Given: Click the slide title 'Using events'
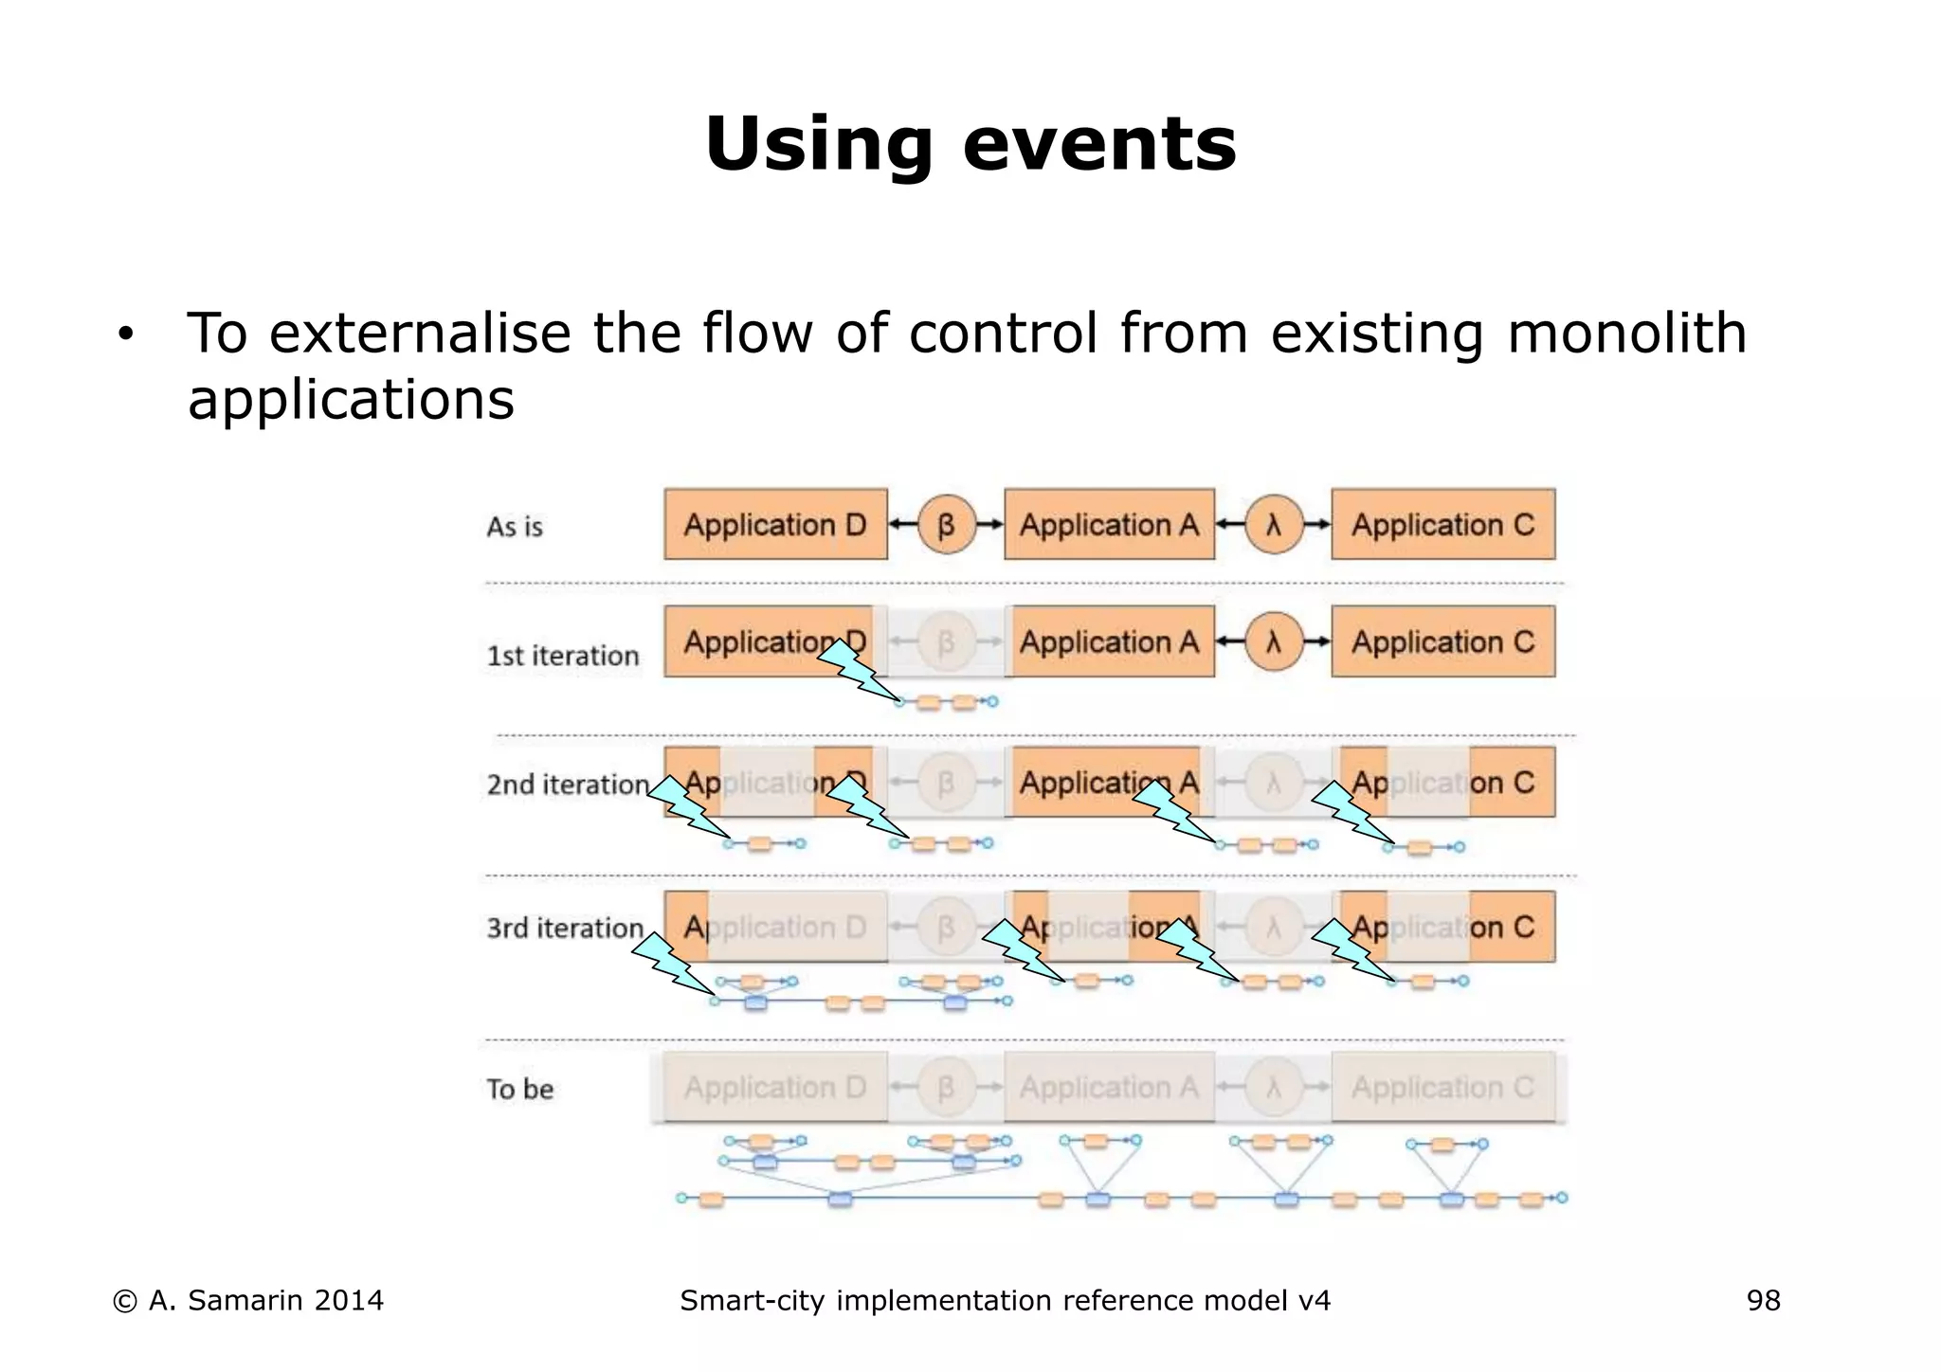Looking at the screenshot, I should [x=970, y=144].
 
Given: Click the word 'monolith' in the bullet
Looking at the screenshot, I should [x=1626, y=334].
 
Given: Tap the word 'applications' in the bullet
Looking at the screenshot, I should [x=351, y=399].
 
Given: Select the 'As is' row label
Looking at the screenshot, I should [x=515, y=527].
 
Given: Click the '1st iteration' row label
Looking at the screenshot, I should [x=563, y=656].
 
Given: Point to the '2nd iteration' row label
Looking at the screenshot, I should [x=568, y=785].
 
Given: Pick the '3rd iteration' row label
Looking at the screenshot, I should [x=565, y=928].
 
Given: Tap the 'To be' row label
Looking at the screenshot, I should [x=520, y=1089].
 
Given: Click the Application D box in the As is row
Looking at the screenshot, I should [x=775, y=524].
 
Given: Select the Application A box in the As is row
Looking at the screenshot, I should [x=1109, y=524].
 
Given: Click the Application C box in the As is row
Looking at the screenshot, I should [x=1442, y=524].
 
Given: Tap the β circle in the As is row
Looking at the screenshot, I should [x=946, y=524].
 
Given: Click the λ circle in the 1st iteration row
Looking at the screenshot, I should [x=1274, y=641].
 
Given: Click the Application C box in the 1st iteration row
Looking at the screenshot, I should [x=1442, y=641].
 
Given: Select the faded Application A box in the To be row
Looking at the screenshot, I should [x=1109, y=1087].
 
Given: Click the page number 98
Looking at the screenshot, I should [x=1763, y=1301].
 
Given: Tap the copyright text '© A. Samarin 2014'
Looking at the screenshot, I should [x=248, y=1301].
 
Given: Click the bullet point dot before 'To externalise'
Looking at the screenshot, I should [x=126, y=336].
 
